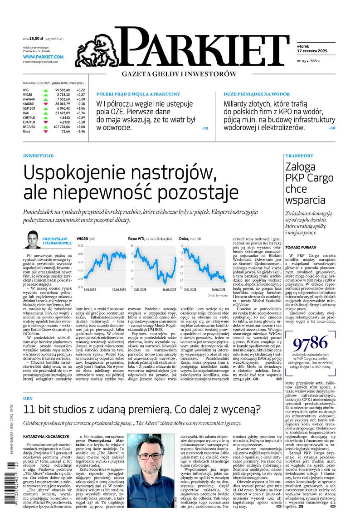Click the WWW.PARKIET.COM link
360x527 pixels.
[x=43, y=57]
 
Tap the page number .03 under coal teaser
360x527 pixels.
[x=204, y=129]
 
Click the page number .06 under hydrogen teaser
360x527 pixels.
[x=332, y=129]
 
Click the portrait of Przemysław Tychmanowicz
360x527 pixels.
[x=32, y=240]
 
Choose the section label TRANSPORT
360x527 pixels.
[x=299, y=156]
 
